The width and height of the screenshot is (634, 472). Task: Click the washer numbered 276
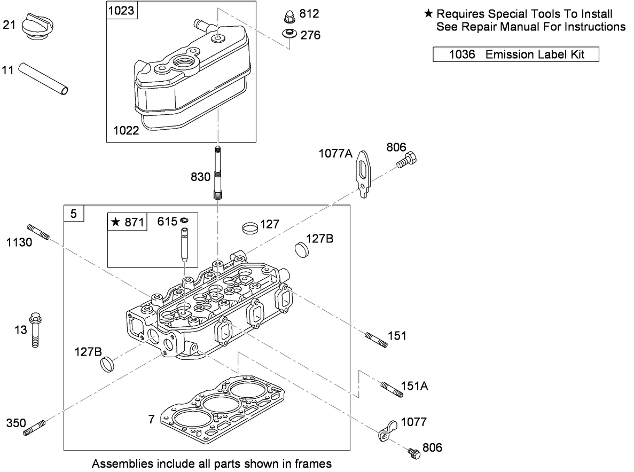[289, 35]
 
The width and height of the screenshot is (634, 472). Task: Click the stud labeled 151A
[392, 389]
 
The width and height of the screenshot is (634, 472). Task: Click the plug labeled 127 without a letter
[249, 226]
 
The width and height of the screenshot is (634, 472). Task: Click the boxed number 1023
[121, 10]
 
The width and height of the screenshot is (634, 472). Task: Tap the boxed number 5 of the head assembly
[74, 214]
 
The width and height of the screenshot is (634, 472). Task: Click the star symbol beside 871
[114, 222]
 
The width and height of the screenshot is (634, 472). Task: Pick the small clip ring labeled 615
[185, 219]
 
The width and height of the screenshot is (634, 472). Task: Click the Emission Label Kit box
[515, 54]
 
